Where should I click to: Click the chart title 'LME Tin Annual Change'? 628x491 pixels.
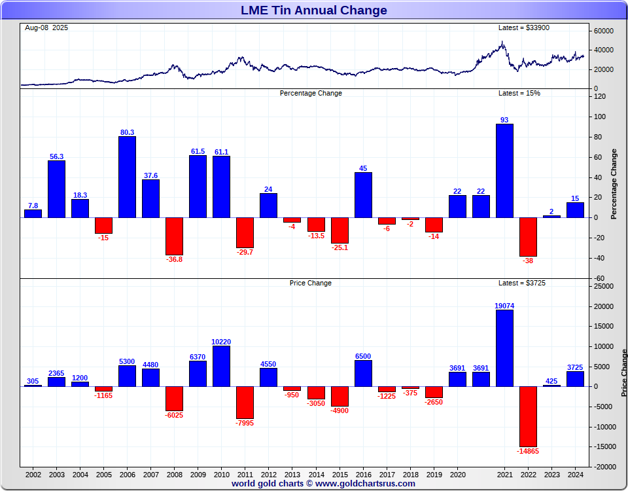point(313,10)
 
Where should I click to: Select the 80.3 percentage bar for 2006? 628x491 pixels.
point(127,177)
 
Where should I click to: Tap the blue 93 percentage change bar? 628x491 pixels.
point(504,170)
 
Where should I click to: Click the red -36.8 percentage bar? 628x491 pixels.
point(174,236)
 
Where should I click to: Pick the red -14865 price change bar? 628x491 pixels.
point(528,416)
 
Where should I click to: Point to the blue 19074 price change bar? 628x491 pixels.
point(504,348)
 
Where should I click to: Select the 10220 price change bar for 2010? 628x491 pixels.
point(221,366)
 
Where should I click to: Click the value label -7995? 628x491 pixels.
point(245,423)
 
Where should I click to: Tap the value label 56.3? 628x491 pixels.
point(56,156)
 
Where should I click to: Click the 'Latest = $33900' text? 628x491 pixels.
point(519,27)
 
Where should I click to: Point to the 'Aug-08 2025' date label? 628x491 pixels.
point(46,27)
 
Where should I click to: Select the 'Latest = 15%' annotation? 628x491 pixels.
point(519,93)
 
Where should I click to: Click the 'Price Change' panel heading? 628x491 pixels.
point(310,283)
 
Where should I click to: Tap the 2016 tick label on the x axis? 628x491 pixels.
point(363,474)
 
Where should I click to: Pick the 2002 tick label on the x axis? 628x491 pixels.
point(33,474)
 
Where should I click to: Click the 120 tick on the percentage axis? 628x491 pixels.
point(600,96)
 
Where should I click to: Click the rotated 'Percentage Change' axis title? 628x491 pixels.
point(614,184)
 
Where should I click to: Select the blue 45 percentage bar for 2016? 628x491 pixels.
point(363,194)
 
